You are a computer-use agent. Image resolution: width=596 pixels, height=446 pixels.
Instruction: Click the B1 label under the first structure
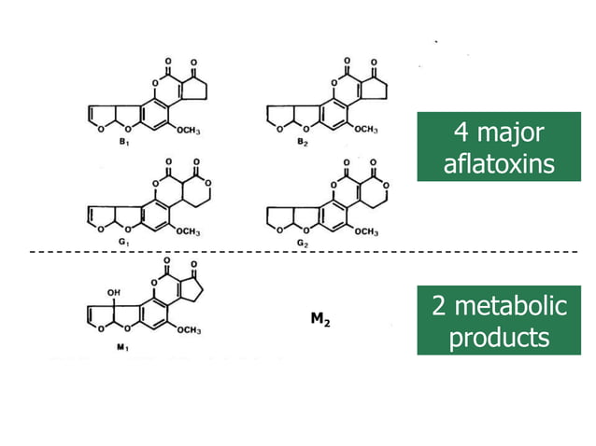coord(124,142)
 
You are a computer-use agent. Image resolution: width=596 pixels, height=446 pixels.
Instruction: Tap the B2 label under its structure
coord(303,142)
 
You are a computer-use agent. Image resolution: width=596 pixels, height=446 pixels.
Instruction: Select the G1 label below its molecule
coord(124,242)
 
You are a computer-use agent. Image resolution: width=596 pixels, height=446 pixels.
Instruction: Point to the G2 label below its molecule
coord(303,243)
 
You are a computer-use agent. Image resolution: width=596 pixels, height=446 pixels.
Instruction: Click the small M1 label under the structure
coord(122,346)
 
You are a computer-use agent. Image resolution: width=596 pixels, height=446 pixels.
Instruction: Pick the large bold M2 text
coord(320,319)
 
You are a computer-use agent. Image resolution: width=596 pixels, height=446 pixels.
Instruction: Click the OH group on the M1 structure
coord(114,293)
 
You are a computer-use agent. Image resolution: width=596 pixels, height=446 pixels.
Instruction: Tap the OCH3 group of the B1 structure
coord(188,131)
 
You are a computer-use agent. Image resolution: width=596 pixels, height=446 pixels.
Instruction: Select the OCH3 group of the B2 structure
coord(366,130)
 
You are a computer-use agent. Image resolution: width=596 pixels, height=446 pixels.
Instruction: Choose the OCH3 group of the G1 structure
coord(188,231)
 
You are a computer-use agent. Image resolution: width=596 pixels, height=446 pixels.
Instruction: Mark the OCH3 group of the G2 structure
coord(366,231)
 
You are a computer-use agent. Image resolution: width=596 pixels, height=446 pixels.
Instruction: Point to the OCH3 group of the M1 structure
coord(189,330)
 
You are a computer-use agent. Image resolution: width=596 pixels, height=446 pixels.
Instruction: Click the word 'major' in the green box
coord(510,133)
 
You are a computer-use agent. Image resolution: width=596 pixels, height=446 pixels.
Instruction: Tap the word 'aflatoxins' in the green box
coord(499,164)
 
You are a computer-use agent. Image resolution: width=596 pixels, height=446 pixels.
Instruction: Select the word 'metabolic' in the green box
coord(511,306)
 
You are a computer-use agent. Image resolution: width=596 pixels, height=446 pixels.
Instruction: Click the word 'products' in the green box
coord(499,338)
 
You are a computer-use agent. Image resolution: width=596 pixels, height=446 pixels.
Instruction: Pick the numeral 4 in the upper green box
coord(461,132)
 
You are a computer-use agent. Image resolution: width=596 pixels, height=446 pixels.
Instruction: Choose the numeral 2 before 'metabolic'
coord(439,306)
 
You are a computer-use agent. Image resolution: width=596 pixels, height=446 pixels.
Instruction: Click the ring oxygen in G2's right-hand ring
coord(386,186)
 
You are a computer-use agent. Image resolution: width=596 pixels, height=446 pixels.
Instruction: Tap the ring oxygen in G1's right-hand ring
coord(207,184)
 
